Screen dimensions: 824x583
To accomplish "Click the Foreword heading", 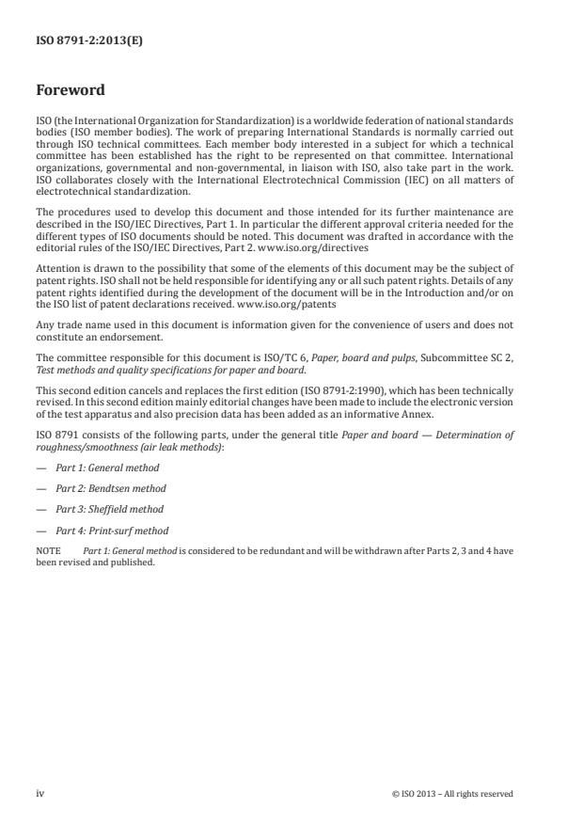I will pos(71,91).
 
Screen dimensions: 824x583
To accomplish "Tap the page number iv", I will pos(40,793).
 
